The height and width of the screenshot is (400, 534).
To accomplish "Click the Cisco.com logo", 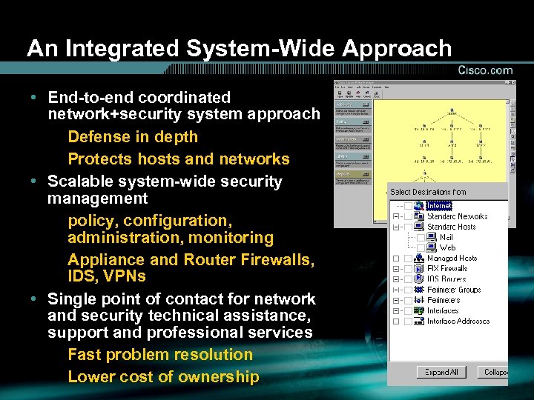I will (x=485, y=70).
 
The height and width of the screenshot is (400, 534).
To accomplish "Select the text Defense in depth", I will (x=133, y=137).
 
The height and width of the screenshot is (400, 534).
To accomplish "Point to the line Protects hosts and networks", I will (x=178, y=159).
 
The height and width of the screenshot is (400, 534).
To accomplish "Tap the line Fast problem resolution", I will (x=160, y=355).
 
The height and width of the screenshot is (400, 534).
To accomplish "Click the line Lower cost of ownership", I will (x=163, y=377).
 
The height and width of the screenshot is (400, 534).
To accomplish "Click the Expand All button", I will (x=442, y=372).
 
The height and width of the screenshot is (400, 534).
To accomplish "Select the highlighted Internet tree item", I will (x=439, y=206).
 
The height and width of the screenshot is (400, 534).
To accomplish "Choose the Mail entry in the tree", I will (x=446, y=237).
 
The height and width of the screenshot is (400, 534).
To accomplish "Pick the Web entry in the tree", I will (x=447, y=247).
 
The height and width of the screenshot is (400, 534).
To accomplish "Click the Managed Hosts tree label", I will (x=452, y=259).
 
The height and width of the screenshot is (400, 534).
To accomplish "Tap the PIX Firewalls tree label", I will (x=447, y=269).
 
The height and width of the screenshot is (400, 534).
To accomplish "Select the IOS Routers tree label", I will (x=446, y=279).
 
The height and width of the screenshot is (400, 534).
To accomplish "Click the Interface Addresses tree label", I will (x=458, y=321).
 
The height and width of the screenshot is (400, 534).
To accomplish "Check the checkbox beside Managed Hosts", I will (x=397, y=259).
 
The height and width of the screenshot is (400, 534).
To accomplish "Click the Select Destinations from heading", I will (x=428, y=193).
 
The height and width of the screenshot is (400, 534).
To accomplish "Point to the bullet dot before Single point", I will (x=35, y=299).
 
